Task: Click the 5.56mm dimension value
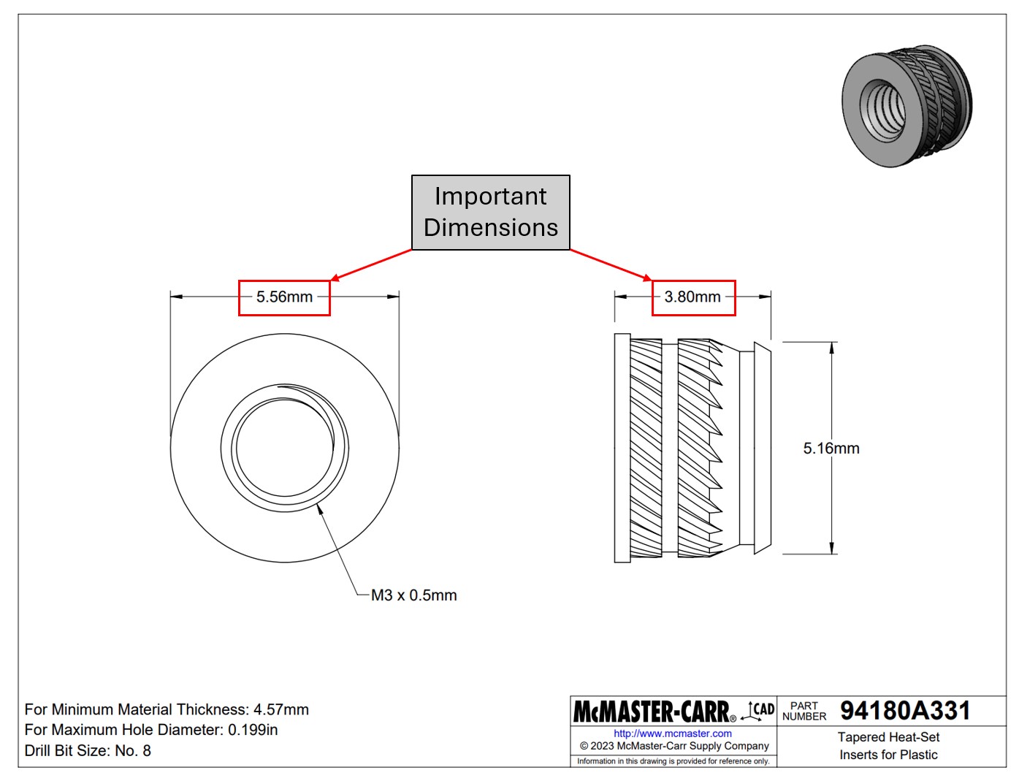(x=284, y=297)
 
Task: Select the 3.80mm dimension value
(x=692, y=297)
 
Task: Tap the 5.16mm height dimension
(x=831, y=449)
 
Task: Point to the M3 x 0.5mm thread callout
(x=413, y=595)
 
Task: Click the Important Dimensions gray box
(x=490, y=213)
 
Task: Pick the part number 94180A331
(x=905, y=711)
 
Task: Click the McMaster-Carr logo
(x=652, y=711)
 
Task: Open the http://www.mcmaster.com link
(x=672, y=733)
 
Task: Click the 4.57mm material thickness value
(x=280, y=709)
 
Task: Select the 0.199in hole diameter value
(x=253, y=730)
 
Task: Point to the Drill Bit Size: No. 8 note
(x=88, y=750)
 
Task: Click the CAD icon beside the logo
(x=759, y=710)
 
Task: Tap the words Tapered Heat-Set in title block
(x=888, y=737)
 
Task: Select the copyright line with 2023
(x=674, y=746)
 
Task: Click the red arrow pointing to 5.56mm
(x=371, y=265)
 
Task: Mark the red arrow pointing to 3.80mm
(x=611, y=265)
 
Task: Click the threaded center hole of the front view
(x=285, y=448)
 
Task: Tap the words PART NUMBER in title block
(x=804, y=711)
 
